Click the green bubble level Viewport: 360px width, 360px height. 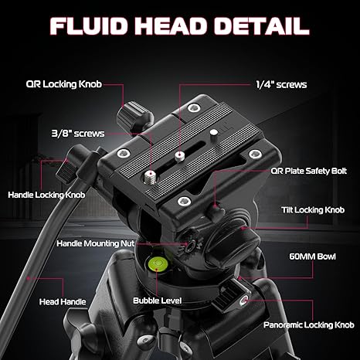[x=158, y=263]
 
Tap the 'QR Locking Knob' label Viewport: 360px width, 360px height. [x=64, y=84]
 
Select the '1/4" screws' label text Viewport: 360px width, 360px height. [x=281, y=84]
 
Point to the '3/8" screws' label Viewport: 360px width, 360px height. [x=78, y=134]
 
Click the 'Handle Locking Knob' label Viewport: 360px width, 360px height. [x=46, y=195]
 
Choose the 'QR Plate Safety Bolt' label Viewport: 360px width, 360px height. [x=309, y=171]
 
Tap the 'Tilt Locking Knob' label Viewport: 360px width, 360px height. [x=313, y=210]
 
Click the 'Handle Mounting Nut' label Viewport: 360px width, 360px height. [x=95, y=243]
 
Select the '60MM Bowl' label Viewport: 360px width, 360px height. [x=312, y=256]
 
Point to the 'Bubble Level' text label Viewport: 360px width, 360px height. [x=158, y=301]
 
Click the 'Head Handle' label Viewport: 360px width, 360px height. [x=63, y=301]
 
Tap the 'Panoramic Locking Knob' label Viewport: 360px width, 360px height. [x=309, y=325]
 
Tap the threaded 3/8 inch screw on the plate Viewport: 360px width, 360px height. [x=150, y=177]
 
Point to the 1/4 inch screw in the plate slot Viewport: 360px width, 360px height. [x=179, y=156]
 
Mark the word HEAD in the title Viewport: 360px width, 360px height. [x=171, y=26]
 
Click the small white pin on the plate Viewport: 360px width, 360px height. [x=213, y=134]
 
